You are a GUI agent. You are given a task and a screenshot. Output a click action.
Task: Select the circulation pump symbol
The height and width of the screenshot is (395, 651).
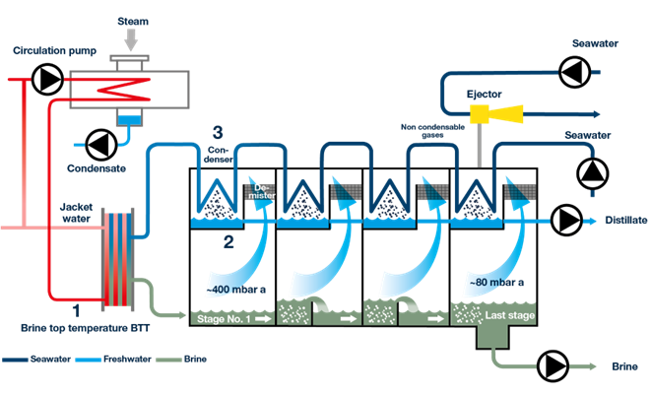44,78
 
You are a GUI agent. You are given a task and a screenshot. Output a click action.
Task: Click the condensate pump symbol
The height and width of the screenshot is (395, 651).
98,144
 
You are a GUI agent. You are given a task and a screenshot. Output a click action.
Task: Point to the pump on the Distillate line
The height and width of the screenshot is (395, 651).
567,219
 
